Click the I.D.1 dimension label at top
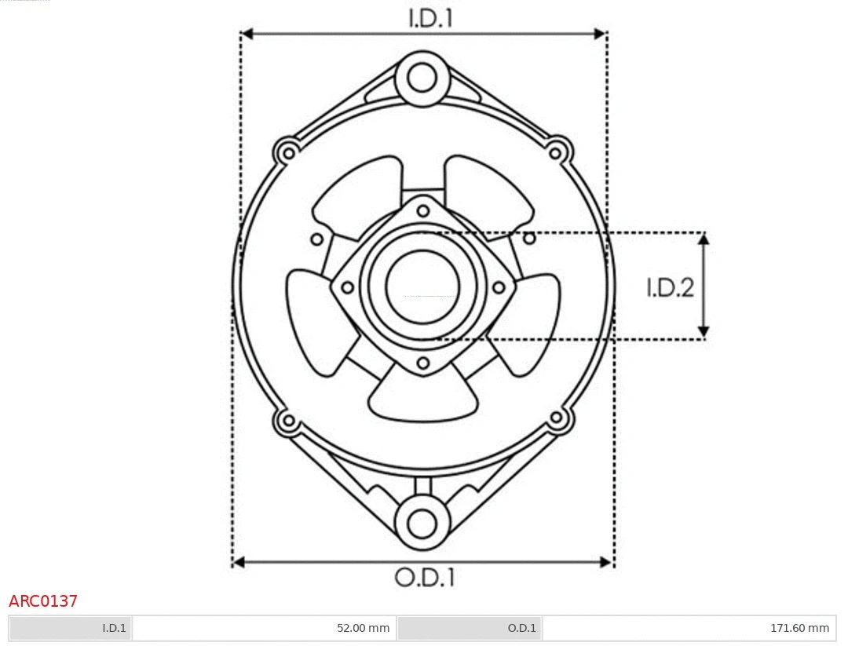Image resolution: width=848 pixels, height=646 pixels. (x=430, y=18)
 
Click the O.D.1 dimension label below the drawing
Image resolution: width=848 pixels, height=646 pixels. (x=424, y=578)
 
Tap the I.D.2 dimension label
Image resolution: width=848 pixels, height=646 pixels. (x=670, y=288)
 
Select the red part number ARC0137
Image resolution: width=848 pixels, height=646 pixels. (x=43, y=601)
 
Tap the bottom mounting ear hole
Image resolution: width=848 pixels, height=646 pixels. (x=422, y=523)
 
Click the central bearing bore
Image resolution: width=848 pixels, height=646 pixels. (x=422, y=287)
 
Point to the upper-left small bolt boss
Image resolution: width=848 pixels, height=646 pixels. (x=287, y=151)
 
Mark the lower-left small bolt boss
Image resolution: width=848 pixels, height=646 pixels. (x=288, y=420)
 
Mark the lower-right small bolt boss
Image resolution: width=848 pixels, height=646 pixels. (x=557, y=418)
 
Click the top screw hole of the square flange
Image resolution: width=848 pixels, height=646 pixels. (x=423, y=210)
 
